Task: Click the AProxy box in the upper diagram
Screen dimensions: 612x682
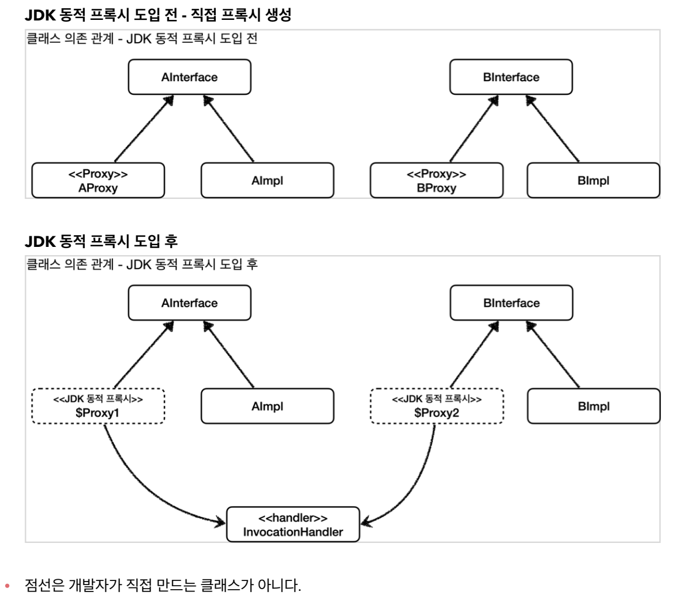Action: tap(98, 181)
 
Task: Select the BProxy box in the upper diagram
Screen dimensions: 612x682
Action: tap(436, 181)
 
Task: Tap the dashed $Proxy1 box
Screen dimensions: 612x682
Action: tap(98, 406)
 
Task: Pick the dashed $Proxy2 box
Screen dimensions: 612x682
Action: tap(436, 406)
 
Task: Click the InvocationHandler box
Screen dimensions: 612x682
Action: tap(292, 525)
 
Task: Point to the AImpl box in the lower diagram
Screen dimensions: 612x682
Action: tap(267, 406)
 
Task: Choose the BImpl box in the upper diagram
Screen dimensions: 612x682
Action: tap(593, 181)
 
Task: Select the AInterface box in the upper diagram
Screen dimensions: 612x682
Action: tap(190, 78)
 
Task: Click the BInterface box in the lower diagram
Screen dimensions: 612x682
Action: tap(511, 303)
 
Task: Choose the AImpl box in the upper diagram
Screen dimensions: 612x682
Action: tap(267, 181)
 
